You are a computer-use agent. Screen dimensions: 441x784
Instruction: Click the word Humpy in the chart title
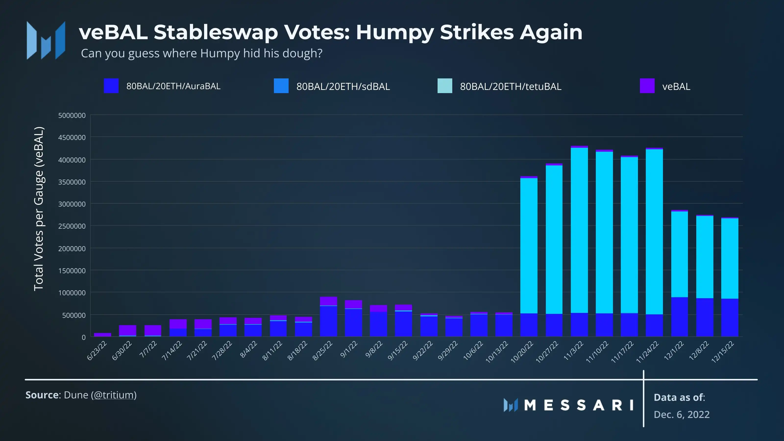tap(395, 32)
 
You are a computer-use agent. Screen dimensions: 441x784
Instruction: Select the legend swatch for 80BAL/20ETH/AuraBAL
tap(111, 86)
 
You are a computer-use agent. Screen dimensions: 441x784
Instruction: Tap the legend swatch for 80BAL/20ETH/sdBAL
tap(281, 86)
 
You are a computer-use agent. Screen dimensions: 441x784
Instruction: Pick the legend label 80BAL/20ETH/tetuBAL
tap(510, 87)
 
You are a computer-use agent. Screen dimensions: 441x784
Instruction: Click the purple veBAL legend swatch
tap(647, 86)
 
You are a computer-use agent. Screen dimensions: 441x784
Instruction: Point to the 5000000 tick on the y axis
tap(72, 116)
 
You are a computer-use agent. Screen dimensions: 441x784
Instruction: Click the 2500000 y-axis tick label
tap(72, 226)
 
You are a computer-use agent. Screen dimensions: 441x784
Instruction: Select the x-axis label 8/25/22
tap(323, 351)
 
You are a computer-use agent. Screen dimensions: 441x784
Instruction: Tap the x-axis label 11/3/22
tap(573, 351)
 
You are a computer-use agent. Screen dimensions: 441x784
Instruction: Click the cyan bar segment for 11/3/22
tap(579, 230)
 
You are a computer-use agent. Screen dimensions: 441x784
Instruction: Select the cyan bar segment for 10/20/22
tap(529, 245)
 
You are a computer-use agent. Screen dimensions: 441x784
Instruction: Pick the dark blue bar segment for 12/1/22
tap(679, 317)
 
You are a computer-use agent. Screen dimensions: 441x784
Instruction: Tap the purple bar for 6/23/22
tap(103, 335)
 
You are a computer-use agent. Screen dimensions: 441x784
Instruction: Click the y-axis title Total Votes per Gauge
tap(39, 209)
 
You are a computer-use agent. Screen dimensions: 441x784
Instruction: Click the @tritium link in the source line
tap(113, 395)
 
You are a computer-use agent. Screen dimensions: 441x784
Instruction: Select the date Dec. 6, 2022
tap(681, 415)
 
